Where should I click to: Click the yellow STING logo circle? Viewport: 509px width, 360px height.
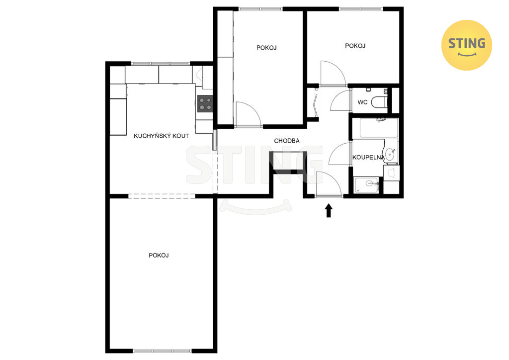(466, 45)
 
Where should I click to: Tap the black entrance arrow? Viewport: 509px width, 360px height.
(329, 210)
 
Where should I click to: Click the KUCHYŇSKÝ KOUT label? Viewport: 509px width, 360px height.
(162, 136)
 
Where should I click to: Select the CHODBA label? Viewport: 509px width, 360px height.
(287, 141)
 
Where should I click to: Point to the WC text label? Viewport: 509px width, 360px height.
(362, 102)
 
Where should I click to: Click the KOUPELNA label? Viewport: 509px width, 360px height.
(368, 158)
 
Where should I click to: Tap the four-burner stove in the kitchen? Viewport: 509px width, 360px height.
(205, 103)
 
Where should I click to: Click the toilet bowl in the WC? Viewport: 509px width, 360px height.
(379, 102)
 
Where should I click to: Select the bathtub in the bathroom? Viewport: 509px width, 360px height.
(379, 128)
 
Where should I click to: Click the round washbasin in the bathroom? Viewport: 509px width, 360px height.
(390, 154)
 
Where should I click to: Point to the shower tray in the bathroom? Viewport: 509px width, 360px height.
(366, 185)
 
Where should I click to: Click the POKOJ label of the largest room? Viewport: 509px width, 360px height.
(159, 256)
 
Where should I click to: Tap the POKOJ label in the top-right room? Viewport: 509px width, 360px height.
(355, 46)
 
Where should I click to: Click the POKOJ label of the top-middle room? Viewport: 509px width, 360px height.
(266, 48)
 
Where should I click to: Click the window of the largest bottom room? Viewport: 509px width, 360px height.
(162, 351)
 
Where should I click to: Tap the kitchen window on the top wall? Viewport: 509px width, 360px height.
(161, 64)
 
